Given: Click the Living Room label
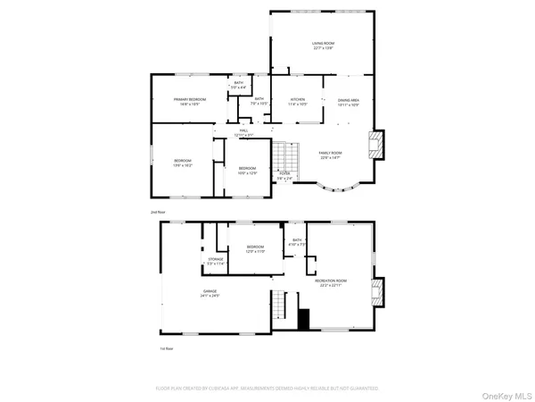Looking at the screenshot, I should [x=323, y=45].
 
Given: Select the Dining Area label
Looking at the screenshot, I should [x=349, y=102].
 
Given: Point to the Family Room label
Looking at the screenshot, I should [x=330, y=155].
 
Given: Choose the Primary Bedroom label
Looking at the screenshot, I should [x=190, y=101].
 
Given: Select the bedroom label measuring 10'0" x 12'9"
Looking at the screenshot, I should [x=247, y=170].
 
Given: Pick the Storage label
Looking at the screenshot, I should [x=216, y=261].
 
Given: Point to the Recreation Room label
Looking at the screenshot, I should [x=331, y=283].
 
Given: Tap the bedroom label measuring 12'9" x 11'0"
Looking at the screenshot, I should [x=255, y=249].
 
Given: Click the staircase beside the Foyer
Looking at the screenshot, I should [x=284, y=160].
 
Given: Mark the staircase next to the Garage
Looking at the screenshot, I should [x=282, y=308].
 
